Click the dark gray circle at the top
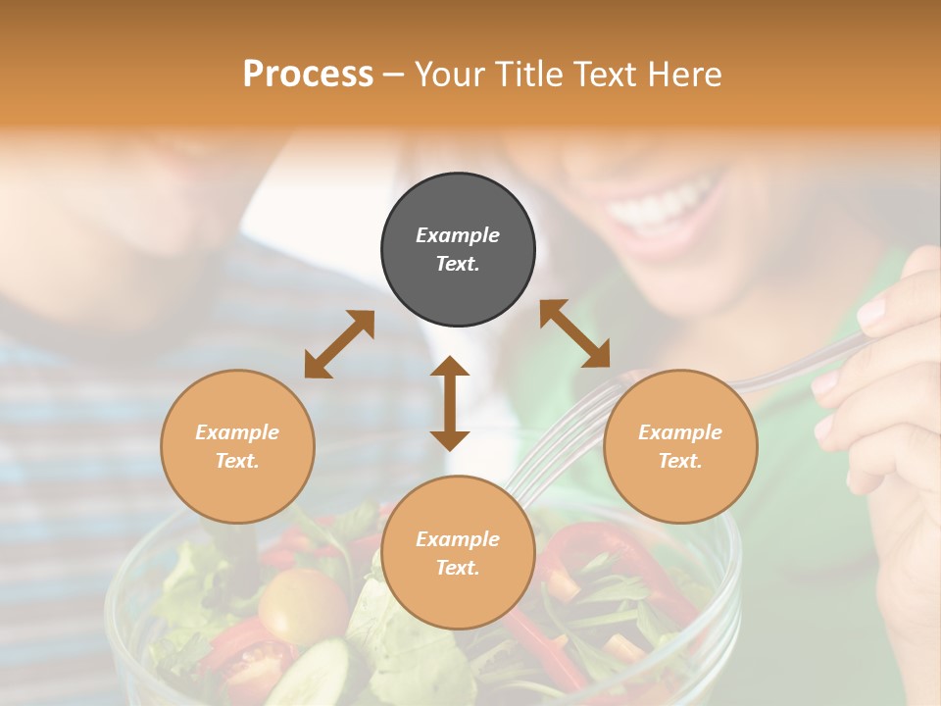[458, 250]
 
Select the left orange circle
[237, 446]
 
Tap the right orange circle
[680, 446]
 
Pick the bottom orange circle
[458, 553]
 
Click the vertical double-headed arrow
[450, 403]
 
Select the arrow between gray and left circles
[339, 344]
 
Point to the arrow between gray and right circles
[574, 333]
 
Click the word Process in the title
[308, 75]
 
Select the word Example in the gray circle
[458, 235]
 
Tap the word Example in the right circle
[680, 432]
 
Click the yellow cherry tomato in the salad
[300, 604]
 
